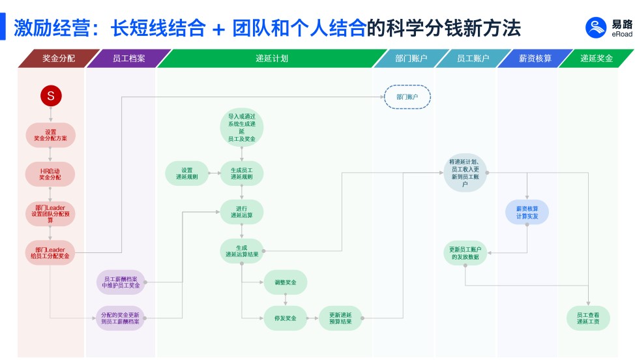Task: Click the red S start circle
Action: click(x=50, y=97)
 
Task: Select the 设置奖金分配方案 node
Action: click(x=50, y=135)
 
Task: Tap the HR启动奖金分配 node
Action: click(x=50, y=173)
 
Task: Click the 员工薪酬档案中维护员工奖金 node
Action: click(x=121, y=282)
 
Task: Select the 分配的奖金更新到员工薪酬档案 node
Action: click(x=121, y=318)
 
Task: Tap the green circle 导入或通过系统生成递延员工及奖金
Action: click(x=241, y=128)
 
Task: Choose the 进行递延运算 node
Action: click(x=241, y=212)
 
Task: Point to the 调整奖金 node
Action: click(x=285, y=282)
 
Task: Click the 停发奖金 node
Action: click(x=285, y=318)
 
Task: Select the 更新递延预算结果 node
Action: click(x=340, y=318)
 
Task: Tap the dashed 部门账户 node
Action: click(x=407, y=97)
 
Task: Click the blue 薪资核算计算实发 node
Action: click(x=527, y=212)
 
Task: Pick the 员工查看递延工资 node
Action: click(x=587, y=318)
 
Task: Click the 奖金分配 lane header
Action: click(x=59, y=58)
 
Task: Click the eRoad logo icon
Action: click(x=596, y=28)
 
